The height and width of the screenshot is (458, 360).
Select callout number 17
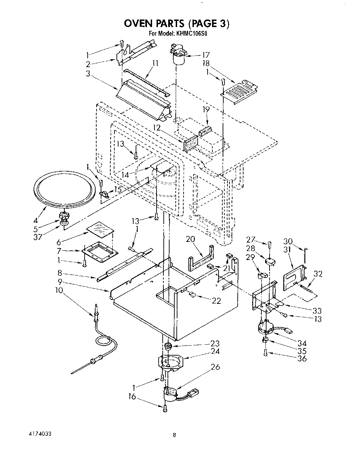[206, 55]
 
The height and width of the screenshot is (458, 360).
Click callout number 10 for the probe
[59, 290]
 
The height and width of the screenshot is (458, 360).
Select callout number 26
[215, 367]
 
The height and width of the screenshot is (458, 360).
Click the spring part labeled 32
[306, 286]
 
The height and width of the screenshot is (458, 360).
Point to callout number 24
[215, 351]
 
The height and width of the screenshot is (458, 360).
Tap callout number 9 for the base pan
[60, 282]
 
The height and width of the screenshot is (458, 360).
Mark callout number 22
[216, 301]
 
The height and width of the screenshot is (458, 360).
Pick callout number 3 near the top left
[89, 73]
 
